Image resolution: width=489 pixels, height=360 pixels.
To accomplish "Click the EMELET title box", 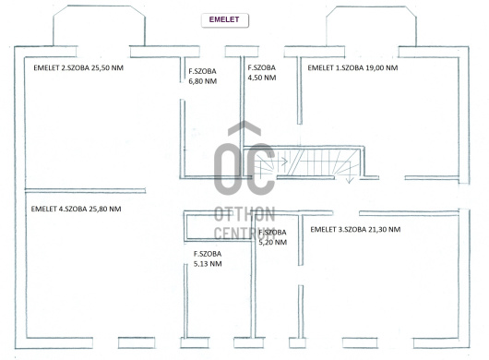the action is (x=225, y=20).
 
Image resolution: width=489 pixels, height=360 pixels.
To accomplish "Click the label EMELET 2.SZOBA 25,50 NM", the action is (x=78, y=67).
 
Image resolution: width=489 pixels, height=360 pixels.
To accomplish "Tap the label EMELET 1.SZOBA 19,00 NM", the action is (x=352, y=67).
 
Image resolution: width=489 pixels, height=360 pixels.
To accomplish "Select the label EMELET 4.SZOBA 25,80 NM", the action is (x=76, y=209).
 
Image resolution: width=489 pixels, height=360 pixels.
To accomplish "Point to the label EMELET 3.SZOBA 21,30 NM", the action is (x=355, y=229).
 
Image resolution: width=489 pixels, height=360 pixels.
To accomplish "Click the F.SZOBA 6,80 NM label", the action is (x=203, y=76).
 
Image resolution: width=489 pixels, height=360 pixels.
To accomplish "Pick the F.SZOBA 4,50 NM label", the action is (x=262, y=72).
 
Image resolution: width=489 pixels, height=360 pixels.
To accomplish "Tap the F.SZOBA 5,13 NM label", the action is (x=208, y=258).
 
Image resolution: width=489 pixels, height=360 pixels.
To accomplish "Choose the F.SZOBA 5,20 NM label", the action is (x=273, y=237).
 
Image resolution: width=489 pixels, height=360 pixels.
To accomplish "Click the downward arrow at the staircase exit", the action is (x=350, y=173).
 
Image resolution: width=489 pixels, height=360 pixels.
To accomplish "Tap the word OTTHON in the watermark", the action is (x=244, y=214).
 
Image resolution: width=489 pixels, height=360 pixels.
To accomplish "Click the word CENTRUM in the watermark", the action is (x=244, y=233).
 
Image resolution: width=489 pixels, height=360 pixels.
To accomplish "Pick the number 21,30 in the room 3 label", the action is (x=379, y=229).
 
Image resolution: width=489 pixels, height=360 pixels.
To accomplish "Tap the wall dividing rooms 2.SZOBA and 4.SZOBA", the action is (x=85, y=190).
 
